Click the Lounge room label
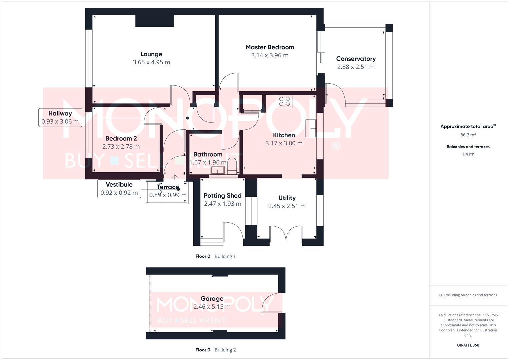[151, 54]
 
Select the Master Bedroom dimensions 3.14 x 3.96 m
[270, 55]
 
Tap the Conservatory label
[356, 59]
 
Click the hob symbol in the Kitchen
[285, 101]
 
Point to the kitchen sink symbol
[311, 128]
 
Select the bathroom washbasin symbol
[218, 171]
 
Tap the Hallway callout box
[60, 117]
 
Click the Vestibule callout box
[119, 189]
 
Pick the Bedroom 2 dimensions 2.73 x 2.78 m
[121, 147]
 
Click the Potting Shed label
[222, 196]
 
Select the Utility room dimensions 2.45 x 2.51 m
[287, 206]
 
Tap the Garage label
[212, 299]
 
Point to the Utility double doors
[286, 233]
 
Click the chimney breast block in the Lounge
[155, 21]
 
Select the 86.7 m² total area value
[468, 135]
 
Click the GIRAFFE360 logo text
[468, 345]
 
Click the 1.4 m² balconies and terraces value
[468, 154]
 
